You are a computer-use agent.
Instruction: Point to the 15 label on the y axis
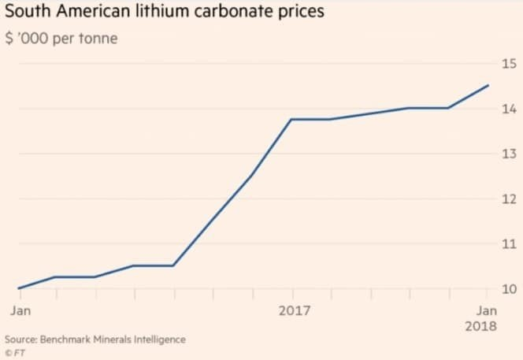point(508,63)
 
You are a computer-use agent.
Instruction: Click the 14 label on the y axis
point(508,109)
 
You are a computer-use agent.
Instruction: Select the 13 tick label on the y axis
point(508,154)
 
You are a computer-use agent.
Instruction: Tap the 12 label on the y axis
point(508,199)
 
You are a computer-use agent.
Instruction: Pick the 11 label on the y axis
point(508,243)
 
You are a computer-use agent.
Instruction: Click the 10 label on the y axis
point(508,289)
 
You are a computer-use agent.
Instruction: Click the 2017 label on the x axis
point(295,310)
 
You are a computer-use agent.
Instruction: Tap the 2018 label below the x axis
point(481,326)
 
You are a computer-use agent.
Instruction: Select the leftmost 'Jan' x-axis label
point(21,310)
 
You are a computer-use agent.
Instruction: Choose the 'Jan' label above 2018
point(487,310)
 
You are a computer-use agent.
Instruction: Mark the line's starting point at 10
point(17,288)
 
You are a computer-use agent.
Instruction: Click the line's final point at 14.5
point(488,85)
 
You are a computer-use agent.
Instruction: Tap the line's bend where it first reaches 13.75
point(292,119)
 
